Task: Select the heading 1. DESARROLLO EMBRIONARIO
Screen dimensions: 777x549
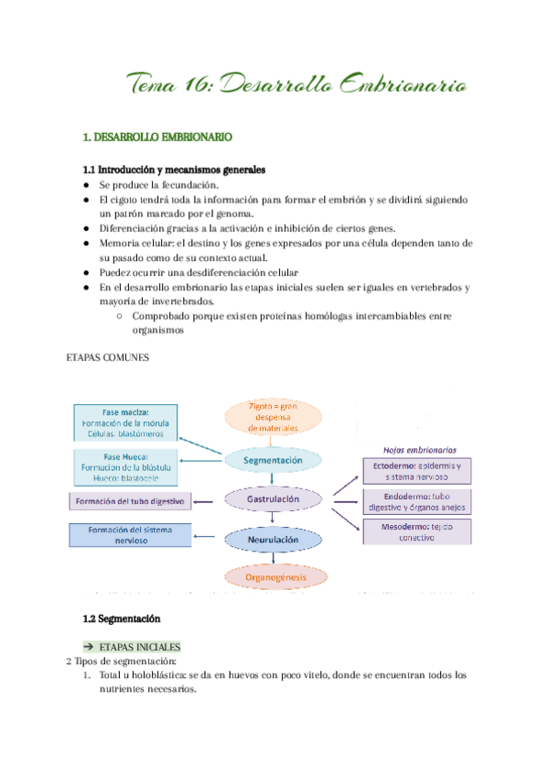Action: click(156, 137)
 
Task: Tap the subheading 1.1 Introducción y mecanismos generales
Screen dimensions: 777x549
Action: click(174, 170)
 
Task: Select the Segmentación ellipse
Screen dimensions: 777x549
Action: click(274, 460)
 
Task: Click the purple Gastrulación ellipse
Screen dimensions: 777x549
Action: click(274, 500)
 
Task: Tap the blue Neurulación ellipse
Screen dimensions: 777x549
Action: click(274, 541)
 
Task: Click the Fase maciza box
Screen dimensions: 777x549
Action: click(126, 422)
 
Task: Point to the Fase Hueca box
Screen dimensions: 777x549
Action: click(126, 466)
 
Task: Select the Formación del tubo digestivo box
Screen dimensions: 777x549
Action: click(131, 502)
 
